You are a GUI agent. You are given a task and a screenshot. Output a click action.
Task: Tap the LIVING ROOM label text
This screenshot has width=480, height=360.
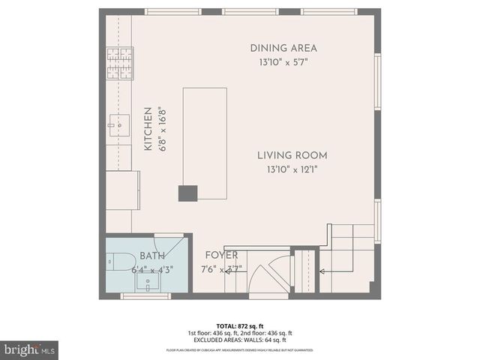pyautogui.click(x=292, y=155)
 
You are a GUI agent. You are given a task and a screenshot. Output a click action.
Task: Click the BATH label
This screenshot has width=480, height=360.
pyautogui.click(x=152, y=256)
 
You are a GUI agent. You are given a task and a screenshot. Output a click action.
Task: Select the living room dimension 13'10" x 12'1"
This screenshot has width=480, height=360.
pyautogui.click(x=292, y=169)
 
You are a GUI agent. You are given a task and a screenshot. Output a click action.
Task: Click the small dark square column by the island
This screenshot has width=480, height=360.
pyautogui.click(x=187, y=193)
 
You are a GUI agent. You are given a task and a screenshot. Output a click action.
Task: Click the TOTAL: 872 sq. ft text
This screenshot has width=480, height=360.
pyautogui.click(x=239, y=325)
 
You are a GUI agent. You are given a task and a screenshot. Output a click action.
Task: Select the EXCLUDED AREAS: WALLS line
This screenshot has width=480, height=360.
pyautogui.click(x=239, y=339)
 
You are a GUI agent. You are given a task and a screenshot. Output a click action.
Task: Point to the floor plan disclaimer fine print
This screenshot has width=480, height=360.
pyautogui.click(x=239, y=350)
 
